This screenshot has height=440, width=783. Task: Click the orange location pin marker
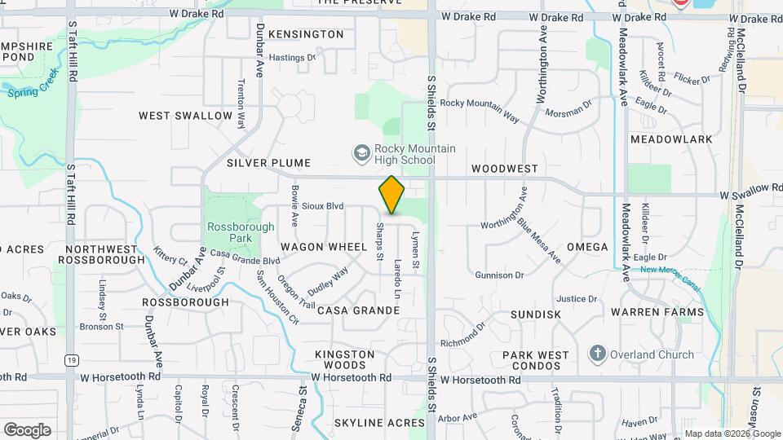tap(392, 195)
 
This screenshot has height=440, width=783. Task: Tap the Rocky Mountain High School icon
tap(361, 153)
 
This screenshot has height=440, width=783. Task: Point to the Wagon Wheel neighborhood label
tap(325, 246)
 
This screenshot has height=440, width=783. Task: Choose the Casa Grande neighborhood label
tap(358, 310)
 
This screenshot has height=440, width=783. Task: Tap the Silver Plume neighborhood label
tap(259, 162)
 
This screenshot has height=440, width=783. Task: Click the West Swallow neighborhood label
tap(185, 116)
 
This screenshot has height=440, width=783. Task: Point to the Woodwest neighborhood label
tap(505, 169)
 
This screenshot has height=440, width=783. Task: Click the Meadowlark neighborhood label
tap(671, 139)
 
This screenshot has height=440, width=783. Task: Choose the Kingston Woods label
tap(345, 360)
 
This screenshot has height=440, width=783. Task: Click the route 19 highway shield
tap(73, 360)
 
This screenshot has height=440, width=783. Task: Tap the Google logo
tap(27, 429)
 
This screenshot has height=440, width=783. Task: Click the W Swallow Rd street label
tap(750, 189)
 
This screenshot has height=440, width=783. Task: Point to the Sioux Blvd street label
tap(323, 206)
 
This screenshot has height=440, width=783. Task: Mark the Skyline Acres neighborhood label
tap(379, 423)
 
